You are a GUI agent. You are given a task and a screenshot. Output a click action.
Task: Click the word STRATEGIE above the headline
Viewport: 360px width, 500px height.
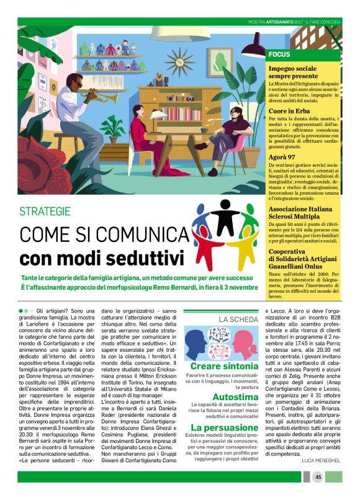53,211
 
